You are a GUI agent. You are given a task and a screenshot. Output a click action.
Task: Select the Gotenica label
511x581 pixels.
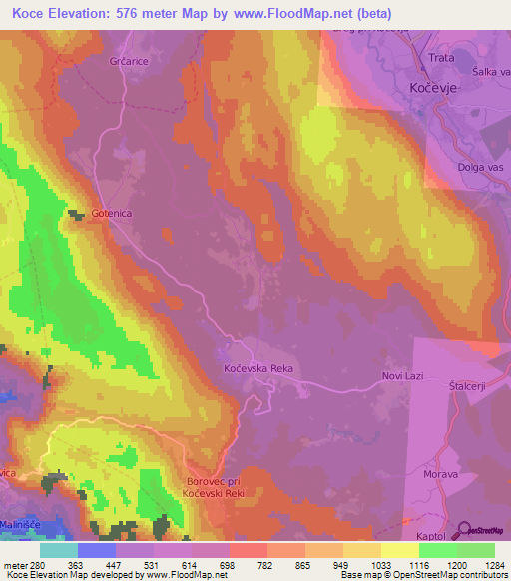click(x=111, y=214)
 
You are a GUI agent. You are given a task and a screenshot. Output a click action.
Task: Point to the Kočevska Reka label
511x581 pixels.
click(x=256, y=369)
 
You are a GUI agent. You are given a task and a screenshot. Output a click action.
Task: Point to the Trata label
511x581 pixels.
click(x=441, y=58)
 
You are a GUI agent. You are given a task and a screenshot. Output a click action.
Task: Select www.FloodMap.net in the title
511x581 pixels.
click(x=289, y=14)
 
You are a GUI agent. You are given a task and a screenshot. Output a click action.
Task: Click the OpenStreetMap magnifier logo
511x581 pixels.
click(x=465, y=529)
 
